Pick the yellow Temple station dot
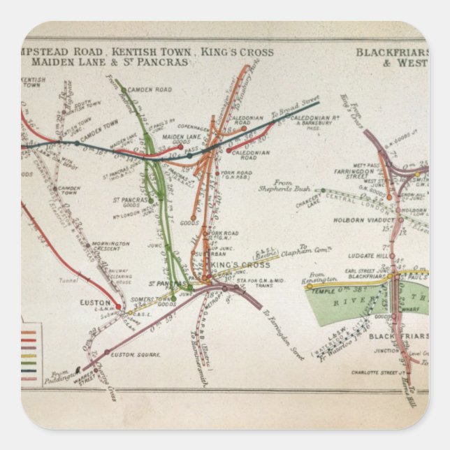(309, 285)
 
